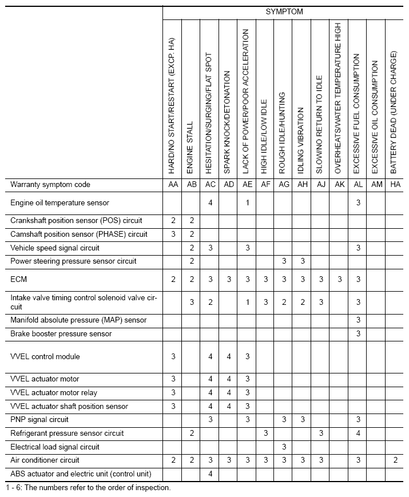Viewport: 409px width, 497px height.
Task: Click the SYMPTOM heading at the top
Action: tap(284, 11)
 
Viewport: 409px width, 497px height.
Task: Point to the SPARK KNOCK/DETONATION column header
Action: tap(227, 122)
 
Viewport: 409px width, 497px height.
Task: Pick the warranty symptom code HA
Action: tap(395, 185)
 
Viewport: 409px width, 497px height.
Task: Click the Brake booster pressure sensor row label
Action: tap(61, 333)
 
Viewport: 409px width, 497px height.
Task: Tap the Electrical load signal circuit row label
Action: tap(55, 447)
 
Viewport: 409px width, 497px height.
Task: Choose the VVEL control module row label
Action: tap(45, 356)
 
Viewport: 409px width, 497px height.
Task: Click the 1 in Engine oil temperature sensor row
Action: tap(247, 202)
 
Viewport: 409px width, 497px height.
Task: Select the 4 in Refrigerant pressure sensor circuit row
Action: tap(358, 434)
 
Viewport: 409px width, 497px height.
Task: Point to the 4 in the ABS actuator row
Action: tap(211, 474)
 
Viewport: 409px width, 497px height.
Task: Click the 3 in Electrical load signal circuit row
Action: tap(284, 447)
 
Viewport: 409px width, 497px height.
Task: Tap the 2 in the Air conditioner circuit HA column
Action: tap(395, 460)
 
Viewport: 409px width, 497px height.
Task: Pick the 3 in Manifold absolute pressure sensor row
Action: tap(358, 320)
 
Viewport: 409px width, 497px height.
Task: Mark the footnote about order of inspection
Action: tap(88, 488)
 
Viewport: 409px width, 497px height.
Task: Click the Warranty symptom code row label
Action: tap(50, 185)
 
